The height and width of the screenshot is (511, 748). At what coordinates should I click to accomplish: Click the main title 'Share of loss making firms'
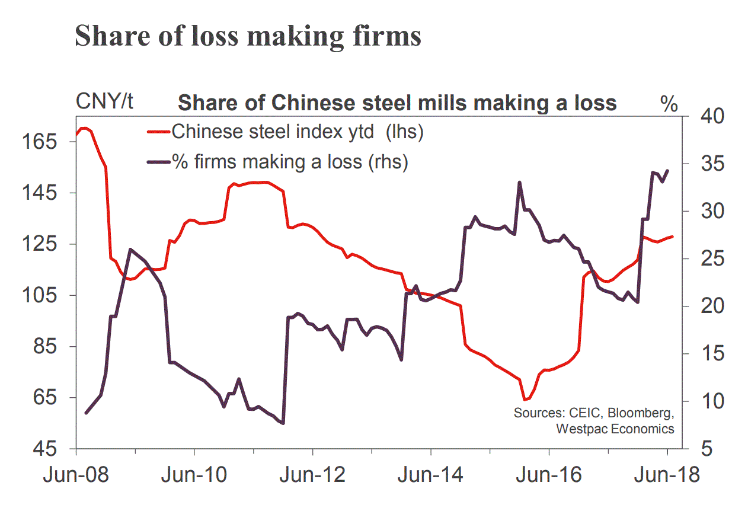click(x=248, y=36)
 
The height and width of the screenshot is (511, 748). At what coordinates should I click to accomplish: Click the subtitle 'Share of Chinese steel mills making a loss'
click(x=397, y=103)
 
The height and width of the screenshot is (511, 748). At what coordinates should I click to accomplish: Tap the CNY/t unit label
click(x=104, y=103)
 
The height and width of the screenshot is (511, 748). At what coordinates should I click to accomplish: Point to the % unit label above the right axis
click(x=669, y=104)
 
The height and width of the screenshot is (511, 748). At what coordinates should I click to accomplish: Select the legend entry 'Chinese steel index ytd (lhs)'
click(x=296, y=131)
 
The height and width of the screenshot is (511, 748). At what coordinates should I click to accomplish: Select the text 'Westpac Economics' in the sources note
click(x=615, y=428)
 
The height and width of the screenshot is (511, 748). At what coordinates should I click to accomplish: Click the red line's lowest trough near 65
click(x=525, y=400)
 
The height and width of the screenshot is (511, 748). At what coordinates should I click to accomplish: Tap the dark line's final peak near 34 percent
click(x=667, y=171)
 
